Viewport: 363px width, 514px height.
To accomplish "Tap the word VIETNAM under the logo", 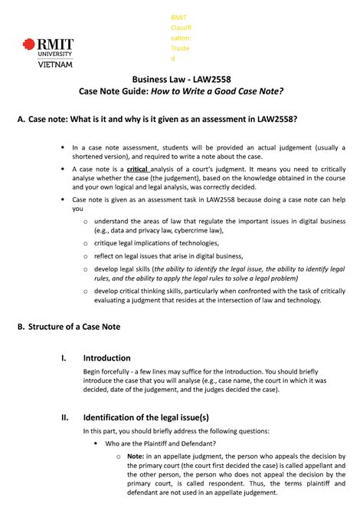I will [56, 64].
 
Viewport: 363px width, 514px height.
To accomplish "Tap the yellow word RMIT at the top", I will [179, 18].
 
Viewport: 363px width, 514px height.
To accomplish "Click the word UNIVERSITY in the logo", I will [56, 54].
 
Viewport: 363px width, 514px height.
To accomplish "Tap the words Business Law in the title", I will [160, 78].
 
